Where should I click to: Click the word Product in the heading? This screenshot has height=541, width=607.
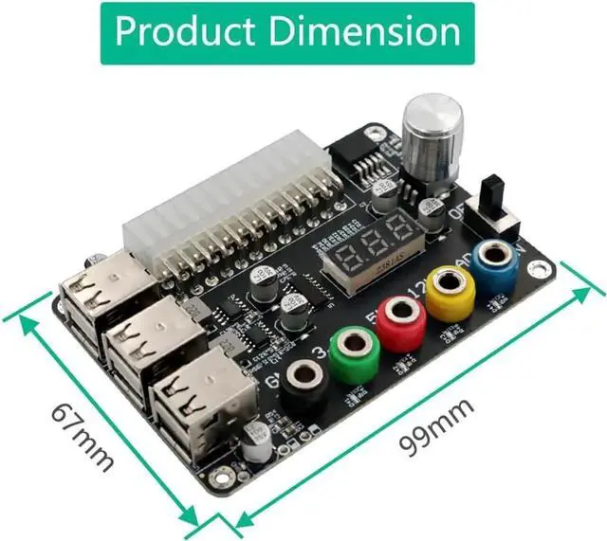click(x=185, y=32)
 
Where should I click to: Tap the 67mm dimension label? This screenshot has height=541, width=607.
click(x=83, y=437)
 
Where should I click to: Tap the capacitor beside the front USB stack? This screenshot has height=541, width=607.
click(x=254, y=440)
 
